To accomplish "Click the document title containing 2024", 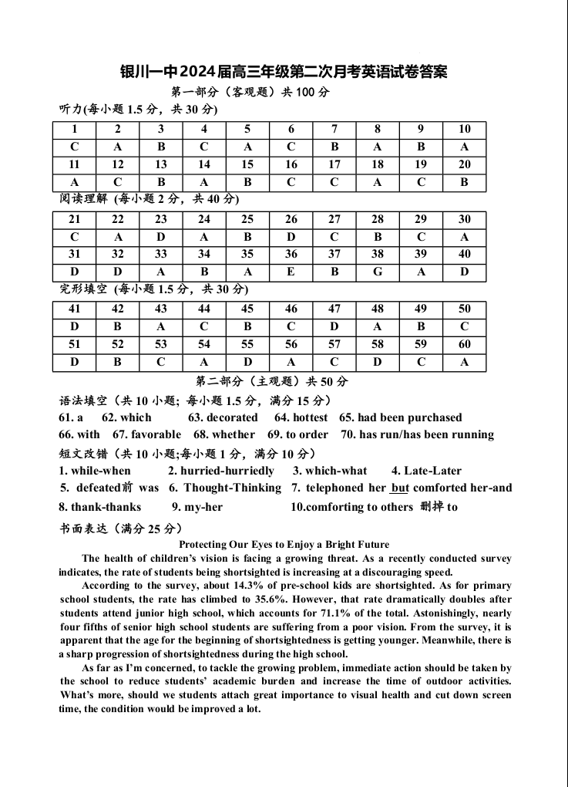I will [284, 72].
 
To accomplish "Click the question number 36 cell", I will [291, 254].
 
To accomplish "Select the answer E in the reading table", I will [291, 272].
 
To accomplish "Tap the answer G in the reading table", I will [378, 272].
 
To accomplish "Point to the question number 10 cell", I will [464, 129].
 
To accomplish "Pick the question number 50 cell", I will [464, 309].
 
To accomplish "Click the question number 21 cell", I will [74, 220].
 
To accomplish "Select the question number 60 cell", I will [464, 344].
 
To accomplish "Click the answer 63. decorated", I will [223, 417].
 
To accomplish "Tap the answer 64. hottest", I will [301, 417].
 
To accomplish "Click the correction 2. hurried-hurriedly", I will [221, 471].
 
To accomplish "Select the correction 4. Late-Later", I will [426, 471].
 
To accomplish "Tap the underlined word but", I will [400, 488].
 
